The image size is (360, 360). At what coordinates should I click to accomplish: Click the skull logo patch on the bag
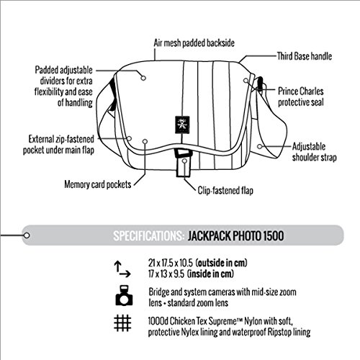(x=182, y=125)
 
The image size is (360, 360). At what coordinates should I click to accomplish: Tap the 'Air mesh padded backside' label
(x=194, y=43)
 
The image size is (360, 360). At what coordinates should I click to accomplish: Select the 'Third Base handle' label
(x=305, y=56)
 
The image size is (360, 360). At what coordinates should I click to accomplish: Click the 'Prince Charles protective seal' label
(x=301, y=96)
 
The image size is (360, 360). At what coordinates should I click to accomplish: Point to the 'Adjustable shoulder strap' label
(x=314, y=152)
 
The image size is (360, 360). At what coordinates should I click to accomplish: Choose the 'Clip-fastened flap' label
(x=225, y=190)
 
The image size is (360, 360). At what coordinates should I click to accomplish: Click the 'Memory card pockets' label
(x=98, y=184)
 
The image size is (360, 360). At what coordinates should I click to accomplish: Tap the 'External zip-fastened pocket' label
(x=58, y=145)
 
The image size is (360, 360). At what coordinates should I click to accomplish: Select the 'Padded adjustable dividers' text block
(x=63, y=86)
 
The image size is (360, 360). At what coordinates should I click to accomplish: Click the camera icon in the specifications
(x=124, y=295)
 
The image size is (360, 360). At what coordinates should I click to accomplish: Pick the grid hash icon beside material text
(x=122, y=323)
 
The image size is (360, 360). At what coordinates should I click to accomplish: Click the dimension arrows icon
(x=122, y=269)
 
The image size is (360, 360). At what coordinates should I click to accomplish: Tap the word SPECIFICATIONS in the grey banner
(x=148, y=235)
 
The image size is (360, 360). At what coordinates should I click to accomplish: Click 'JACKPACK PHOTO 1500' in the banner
(x=235, y=235)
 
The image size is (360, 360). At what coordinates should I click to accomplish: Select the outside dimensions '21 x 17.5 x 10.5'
(x=171, y=263)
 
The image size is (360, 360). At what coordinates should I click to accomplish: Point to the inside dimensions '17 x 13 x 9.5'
(x=166, y=274)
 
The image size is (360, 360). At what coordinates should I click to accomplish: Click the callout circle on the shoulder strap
(x=260, y=146)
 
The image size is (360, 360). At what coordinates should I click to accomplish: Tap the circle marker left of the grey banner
(x=27, y=235)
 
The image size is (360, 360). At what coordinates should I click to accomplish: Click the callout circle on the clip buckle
(x=184, y=161)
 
